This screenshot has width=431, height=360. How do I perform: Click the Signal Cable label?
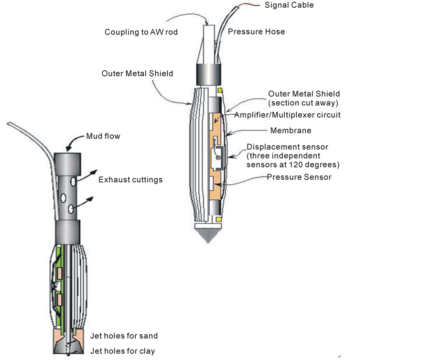tap(289, 5)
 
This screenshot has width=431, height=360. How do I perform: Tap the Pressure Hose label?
tap(256, 32)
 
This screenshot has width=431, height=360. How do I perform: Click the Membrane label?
tap(291, 131)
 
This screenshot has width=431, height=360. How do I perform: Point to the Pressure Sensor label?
tap(299, 177)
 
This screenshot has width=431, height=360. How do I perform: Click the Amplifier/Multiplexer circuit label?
tap(287, 115)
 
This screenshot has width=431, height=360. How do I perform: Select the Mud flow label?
tap(103, 136)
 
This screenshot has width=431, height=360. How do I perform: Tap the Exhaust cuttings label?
tap(130, 180)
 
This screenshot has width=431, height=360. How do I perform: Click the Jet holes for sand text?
tap(124, 336)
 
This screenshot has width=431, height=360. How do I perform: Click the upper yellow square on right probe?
tap(220, 90)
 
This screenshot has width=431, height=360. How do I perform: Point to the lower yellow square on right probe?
tap(219, 219)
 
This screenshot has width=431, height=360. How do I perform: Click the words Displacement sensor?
tap(280, 147)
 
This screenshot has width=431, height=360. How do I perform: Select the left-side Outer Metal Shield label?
tap(137, 74)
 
